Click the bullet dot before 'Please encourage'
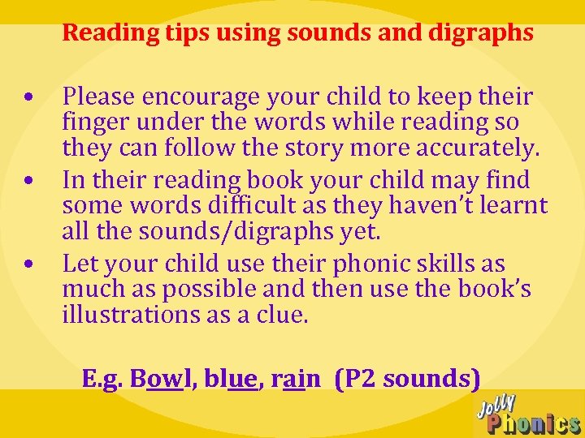coord(28,98)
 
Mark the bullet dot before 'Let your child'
coord(28,265)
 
